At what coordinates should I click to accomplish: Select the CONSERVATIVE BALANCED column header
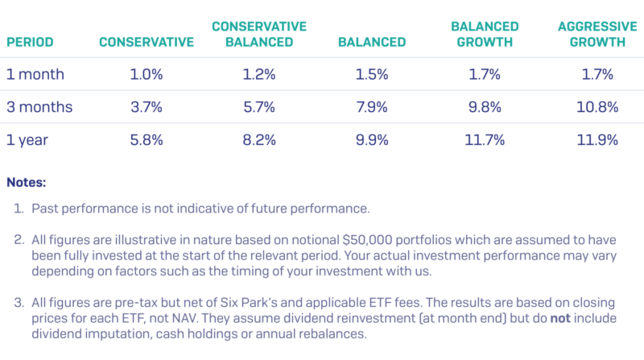[x=258, y=34]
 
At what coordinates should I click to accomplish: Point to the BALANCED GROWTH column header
[x=484, y=34]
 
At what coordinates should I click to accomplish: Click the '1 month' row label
[x=35, y=75]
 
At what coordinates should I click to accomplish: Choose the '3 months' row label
[x=39, y=107]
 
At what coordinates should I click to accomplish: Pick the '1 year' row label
[x=27, y=140]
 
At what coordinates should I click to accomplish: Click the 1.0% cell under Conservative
[x=147, y=75]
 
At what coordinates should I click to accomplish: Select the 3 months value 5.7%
[x=259, y=107]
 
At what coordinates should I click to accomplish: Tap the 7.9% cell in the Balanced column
[x=372, y=107]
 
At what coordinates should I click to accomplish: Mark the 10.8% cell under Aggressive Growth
[x=597, y=107]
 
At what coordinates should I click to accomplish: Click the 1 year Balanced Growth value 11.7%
[x=484, y=140]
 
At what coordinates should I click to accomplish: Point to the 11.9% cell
[x=597, y=140]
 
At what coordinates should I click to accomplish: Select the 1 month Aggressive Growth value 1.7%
[x=597, y=75]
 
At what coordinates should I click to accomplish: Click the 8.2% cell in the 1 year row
[x=259, y=140]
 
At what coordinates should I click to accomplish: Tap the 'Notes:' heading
[x=27, y=184]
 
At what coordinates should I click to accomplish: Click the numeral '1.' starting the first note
[x=20, y=209]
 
